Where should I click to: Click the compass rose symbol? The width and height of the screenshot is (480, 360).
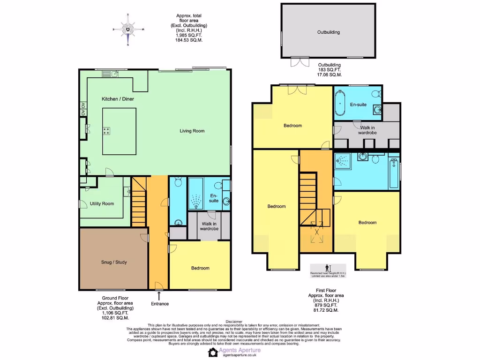[128, 29]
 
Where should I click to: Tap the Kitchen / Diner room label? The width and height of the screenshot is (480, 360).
[117, 99]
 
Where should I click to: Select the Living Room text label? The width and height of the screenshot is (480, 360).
[192, 131]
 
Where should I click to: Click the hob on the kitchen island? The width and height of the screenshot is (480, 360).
[107, 131]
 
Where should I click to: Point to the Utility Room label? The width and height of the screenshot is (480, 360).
[102, 203]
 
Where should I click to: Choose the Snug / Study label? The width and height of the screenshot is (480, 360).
[114, 262]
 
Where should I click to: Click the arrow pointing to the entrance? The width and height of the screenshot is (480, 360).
[159, 295]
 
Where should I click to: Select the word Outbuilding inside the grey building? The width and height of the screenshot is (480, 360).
[328, 32]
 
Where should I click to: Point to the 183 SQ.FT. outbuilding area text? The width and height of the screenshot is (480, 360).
[330, 70]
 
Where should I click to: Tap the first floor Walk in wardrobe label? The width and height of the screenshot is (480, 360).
[368, 130]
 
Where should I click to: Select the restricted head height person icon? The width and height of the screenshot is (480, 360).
[328, 267]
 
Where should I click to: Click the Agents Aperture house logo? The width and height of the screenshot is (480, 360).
[213, 352]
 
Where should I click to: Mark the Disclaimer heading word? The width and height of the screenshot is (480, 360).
[240, 322]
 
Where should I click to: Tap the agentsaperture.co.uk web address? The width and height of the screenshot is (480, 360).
[240, 356]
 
